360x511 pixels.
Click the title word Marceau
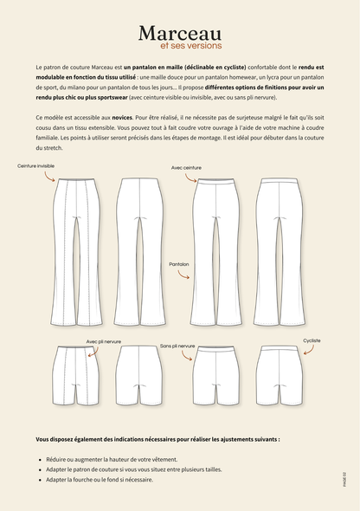[x=180, y=32]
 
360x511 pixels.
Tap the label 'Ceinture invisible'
[x=35, y=165]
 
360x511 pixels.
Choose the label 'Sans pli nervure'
[x=177, y=346]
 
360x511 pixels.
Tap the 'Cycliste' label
[x=312, y=340]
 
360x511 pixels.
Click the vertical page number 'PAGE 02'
[x=344, y=477]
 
